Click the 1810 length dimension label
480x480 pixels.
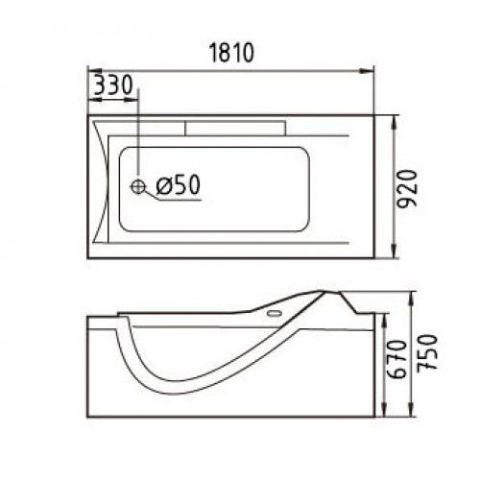[231, 53]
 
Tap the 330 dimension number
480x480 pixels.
[114, 84]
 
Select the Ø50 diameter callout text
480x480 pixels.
[178, 184]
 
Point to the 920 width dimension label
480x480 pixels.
[407, 189]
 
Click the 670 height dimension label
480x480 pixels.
[396, 359]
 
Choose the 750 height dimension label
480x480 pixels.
[427, 353]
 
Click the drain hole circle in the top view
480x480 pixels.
[138, 186]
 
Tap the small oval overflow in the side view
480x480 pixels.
[275, 313]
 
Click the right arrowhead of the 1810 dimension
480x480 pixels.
[367, 71]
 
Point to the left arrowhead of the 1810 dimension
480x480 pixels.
[95, 71]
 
